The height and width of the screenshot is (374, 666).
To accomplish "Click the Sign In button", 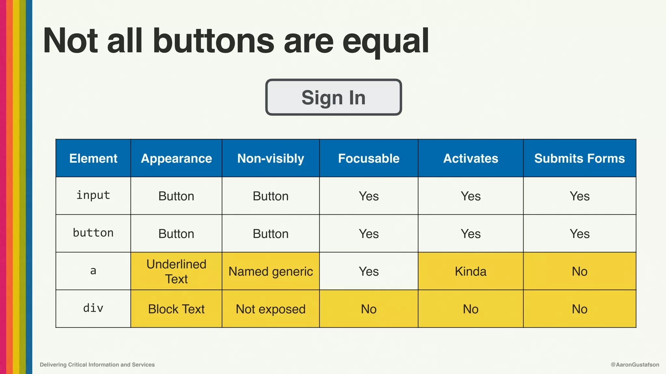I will click(333, 97).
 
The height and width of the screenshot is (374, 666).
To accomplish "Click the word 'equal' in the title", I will click(386, 42).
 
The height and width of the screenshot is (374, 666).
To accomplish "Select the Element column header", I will click(93, 158).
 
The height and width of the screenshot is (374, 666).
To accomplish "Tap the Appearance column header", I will click(176, 158).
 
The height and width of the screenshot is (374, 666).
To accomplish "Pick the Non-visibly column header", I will click(271, 158).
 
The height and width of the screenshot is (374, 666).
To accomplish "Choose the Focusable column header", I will click(368, 158).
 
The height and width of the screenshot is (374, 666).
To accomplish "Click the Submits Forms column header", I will click(579, 158).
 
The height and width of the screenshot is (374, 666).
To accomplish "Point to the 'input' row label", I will click(93, 195).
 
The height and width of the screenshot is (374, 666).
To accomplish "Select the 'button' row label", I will click(93, 233).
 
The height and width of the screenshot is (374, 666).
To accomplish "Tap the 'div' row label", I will click(93, 308).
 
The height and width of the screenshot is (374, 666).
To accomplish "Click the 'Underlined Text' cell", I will click(176, 271).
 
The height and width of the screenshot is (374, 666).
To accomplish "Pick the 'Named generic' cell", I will click(271, 271).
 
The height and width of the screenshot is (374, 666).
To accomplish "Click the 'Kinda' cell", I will click(471, 271).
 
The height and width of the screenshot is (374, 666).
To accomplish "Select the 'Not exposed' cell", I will click(271, 309).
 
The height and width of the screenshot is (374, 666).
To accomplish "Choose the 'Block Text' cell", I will click(176, 309).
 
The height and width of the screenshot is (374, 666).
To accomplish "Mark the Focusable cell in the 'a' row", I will click(368, 271).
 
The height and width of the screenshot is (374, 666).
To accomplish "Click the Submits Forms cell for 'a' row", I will click(579, 271).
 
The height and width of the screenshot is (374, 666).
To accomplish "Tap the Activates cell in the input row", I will click(471, 196).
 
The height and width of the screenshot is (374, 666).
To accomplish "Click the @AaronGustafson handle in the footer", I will click(635, 365).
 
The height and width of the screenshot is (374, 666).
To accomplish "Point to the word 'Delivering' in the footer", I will click(53, 365).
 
